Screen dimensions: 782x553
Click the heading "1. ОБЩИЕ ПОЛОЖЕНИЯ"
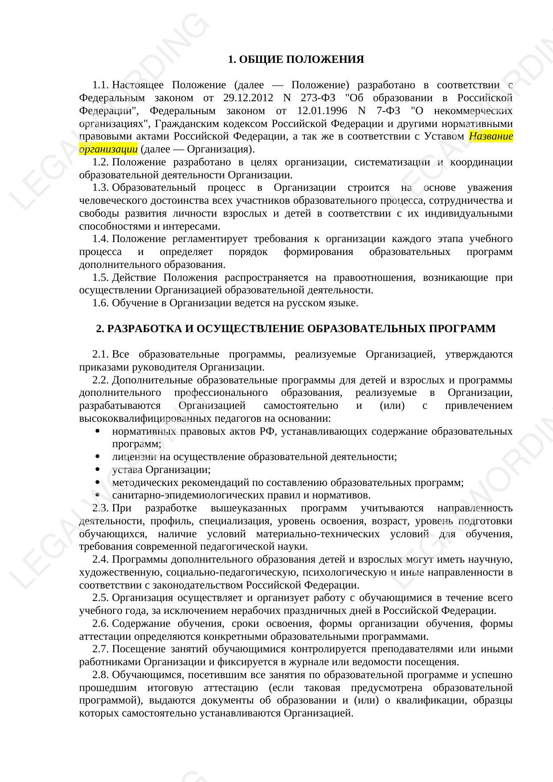pos(295,59)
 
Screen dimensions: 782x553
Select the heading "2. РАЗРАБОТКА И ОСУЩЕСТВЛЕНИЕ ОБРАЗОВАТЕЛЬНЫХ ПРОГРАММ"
pos(295,329)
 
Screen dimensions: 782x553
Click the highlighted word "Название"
pos(491,136)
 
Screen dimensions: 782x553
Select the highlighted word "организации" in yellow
pos(108,149)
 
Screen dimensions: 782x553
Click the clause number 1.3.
pos(101,188)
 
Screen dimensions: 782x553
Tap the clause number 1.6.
pos(101,303)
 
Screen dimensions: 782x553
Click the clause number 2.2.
pos(101,380)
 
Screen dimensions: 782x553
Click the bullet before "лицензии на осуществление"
pos(97,457)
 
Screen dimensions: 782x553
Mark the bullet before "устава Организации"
pos(97,470)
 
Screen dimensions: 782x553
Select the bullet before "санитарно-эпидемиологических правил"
pos(97,495)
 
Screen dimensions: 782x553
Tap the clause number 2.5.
pos(101,598)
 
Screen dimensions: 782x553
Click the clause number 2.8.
pos(101,675)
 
